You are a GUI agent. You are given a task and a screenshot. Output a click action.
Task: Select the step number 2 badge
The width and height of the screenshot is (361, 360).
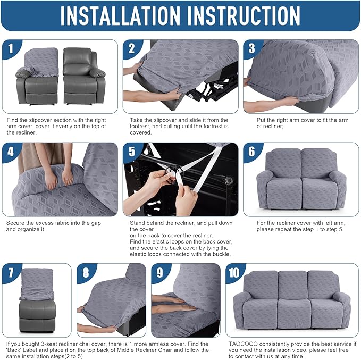[x=131, y=49]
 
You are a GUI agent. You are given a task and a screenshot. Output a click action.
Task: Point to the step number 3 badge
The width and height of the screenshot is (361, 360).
[x=251, y=49]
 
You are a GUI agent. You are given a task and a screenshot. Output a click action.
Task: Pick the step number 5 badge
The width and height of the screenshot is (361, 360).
[x=131, y=152]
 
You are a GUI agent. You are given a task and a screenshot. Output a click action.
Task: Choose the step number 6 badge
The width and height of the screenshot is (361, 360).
[x=251, y=152]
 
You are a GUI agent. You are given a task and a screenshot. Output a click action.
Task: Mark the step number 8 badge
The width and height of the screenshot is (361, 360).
[x=85, y=273]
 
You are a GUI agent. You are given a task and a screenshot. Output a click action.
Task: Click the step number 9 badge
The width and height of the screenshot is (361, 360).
[x=159, y=273]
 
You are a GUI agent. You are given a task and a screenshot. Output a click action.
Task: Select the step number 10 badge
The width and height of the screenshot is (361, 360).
[x=234, y=273]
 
